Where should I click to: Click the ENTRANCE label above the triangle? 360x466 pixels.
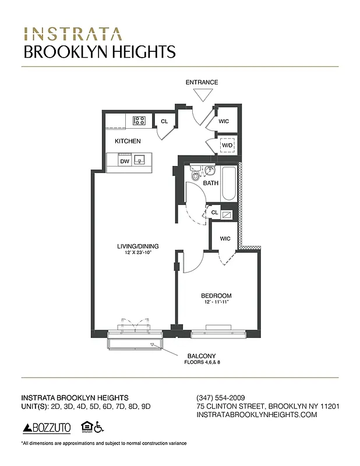point(202,82)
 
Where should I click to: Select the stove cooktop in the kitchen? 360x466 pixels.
point(139,121)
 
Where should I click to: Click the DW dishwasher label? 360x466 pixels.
point(124,161)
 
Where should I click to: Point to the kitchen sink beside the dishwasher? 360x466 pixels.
point(139,161)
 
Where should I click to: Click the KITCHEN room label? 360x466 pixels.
point(128,141)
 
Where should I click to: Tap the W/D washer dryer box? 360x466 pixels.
point(226,145)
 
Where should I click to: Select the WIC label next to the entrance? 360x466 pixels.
point(224,122)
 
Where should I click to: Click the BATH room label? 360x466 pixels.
point(211,183)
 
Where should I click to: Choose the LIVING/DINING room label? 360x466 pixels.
point(137,246)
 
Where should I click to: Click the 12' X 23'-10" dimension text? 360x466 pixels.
point(137,252)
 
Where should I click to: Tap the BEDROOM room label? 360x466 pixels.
point(216,295)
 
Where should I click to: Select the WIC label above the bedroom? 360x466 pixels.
point(224,239)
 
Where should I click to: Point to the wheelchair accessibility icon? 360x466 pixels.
point(100,427)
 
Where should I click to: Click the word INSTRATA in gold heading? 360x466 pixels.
point(73,34)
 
